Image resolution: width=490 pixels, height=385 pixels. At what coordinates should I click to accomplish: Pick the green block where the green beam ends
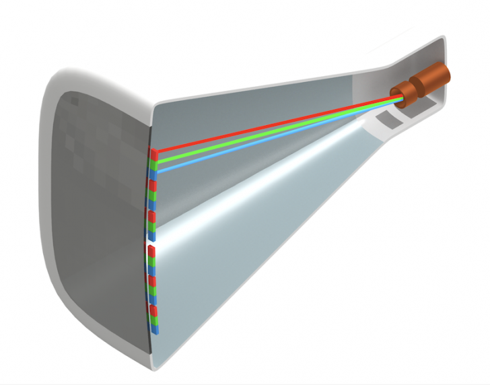click(x=153, y=164)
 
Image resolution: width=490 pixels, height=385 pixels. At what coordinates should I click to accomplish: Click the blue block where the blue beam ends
click(x=153, y=174)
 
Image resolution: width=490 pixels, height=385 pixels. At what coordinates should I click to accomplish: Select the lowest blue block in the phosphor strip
click(x=155, y=328)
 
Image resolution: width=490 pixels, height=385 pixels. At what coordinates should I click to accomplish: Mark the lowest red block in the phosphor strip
click(x=154, y=310)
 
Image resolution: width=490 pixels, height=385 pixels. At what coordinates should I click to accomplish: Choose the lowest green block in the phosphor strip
click(x=155, y=320)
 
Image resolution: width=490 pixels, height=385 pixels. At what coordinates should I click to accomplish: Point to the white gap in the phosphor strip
click(x=150, y=243)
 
